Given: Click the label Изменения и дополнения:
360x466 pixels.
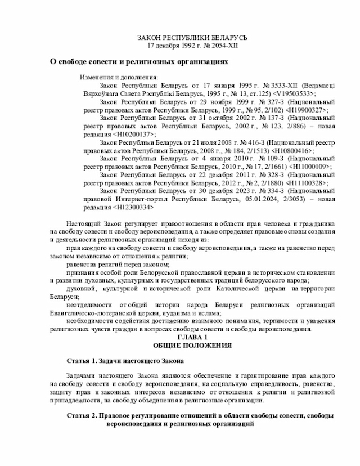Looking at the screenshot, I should point(119,77).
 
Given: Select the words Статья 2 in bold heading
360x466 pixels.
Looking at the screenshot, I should point(82,415).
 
